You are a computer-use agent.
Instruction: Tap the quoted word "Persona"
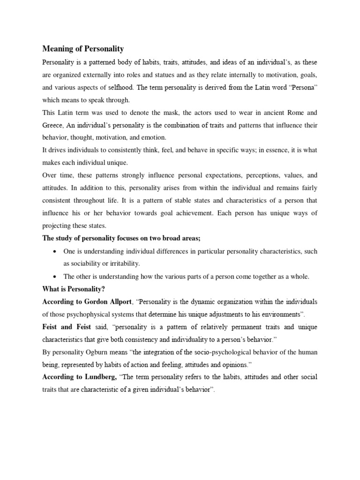pos(301,88)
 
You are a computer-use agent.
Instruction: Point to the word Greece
pos(53,125)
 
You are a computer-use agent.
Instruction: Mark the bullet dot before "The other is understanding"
pos(56,277)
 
